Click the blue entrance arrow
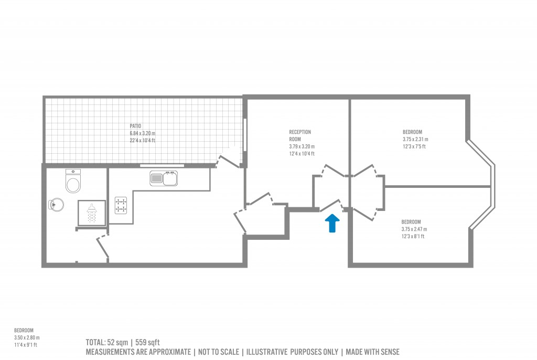tap(332, 223)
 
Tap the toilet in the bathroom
tap(73, 181)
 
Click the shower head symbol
tap(91, 212)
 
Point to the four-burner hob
tap(121, 205)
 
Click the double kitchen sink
tap(164, 178)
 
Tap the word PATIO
tap(135, 126)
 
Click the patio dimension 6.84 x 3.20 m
tap(143, 133)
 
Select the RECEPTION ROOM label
tap(300, 135)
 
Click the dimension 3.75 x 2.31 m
tap(415, 139)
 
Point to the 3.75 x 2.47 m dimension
tap(414, 229)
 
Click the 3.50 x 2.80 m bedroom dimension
tap(27, 338)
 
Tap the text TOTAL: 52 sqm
tap(107, 343)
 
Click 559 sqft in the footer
tap(147, 343)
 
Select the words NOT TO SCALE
tap(219, 352)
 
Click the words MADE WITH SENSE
tap(373, 352)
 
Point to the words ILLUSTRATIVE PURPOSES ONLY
tap(292, 352)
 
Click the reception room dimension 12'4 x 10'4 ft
tap(302, 154)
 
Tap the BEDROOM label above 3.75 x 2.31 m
tap(412, 132)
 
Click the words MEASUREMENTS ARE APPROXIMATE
tap(138, 352)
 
